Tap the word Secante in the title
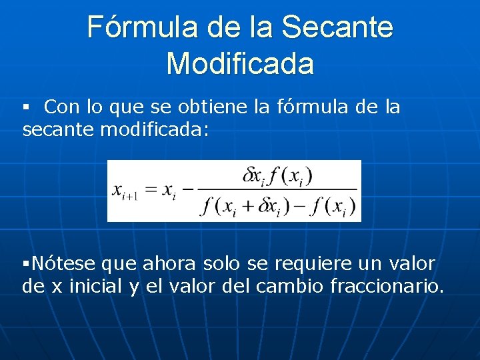point(337,28)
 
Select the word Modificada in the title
point(240,64)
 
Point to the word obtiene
point(217,107)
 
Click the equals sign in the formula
point(151,190)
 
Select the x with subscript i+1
point(125,191)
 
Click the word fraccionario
point(387,287)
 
